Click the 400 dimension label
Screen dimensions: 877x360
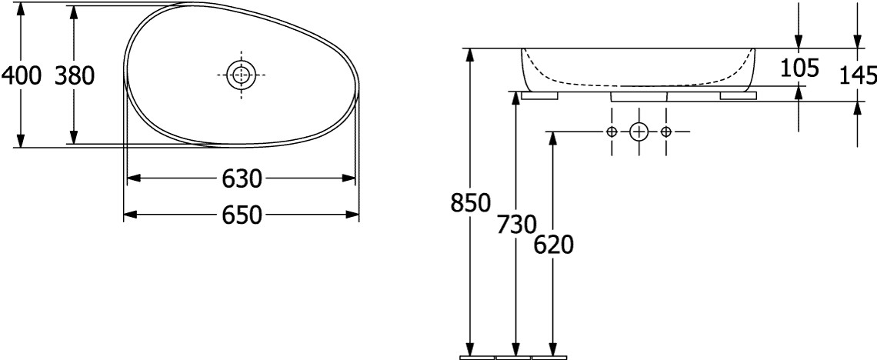[22, 75]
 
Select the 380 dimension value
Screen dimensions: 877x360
[75, 75]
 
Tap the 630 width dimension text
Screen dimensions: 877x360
[242, 179]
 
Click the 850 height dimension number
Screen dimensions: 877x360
[470, 203]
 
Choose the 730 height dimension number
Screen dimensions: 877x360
[516, 224]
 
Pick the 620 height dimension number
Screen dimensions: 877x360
[554, 245]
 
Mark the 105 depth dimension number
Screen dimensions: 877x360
[799, 68]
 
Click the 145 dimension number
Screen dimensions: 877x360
[859, 75]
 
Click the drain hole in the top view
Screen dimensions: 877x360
[241, 75]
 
